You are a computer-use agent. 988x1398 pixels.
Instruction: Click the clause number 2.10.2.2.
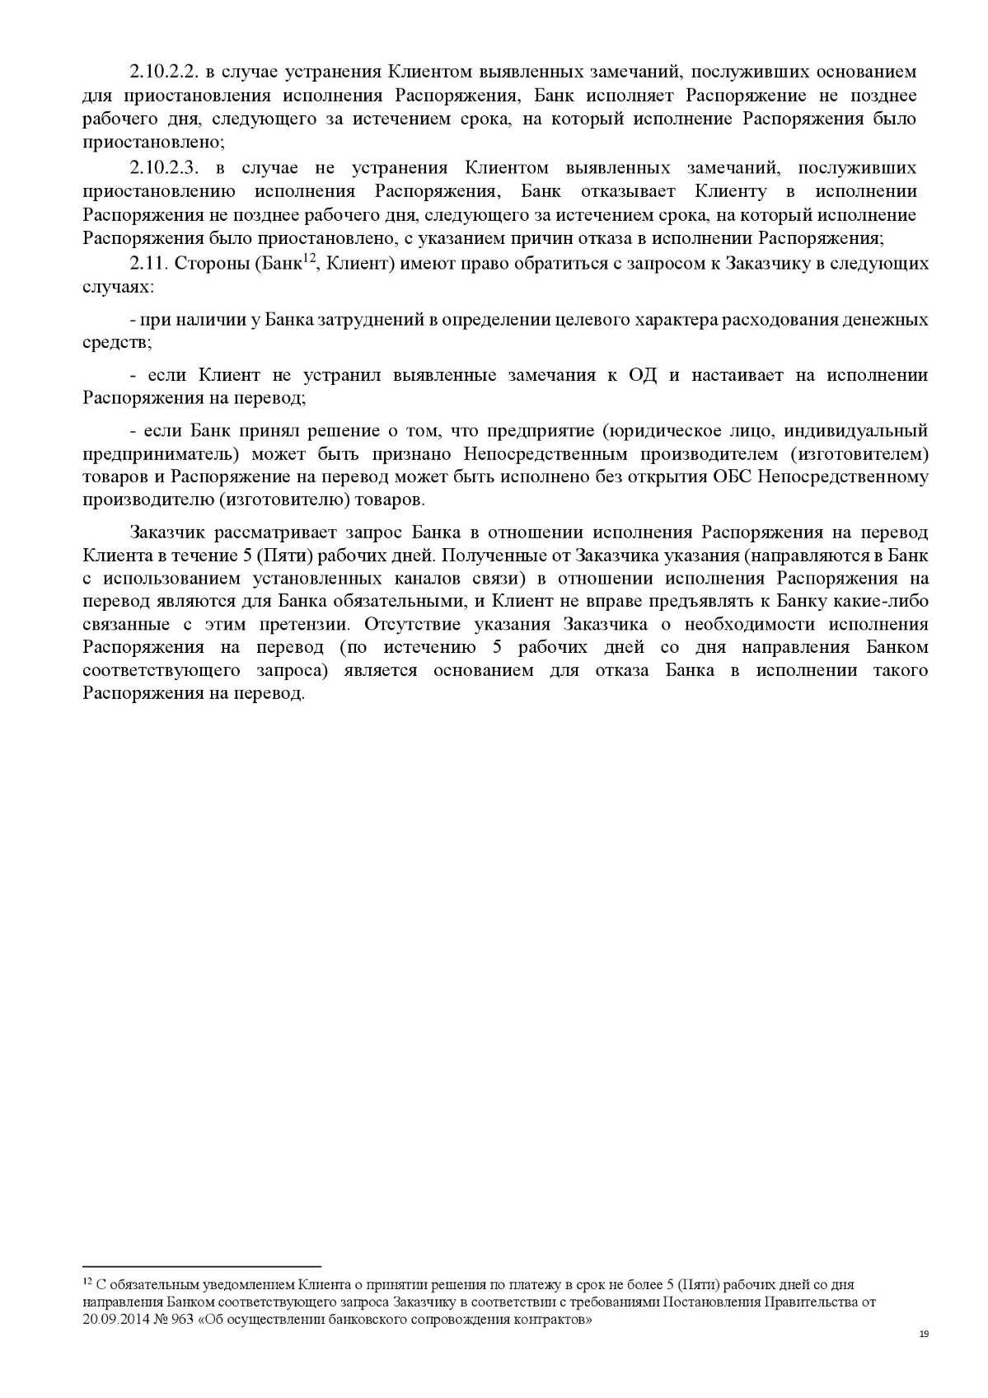[x=164, y=72]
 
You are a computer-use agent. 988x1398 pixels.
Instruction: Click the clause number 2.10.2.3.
[x=164, y=168]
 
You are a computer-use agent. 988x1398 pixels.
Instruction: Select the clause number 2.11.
[x=147, y=264]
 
